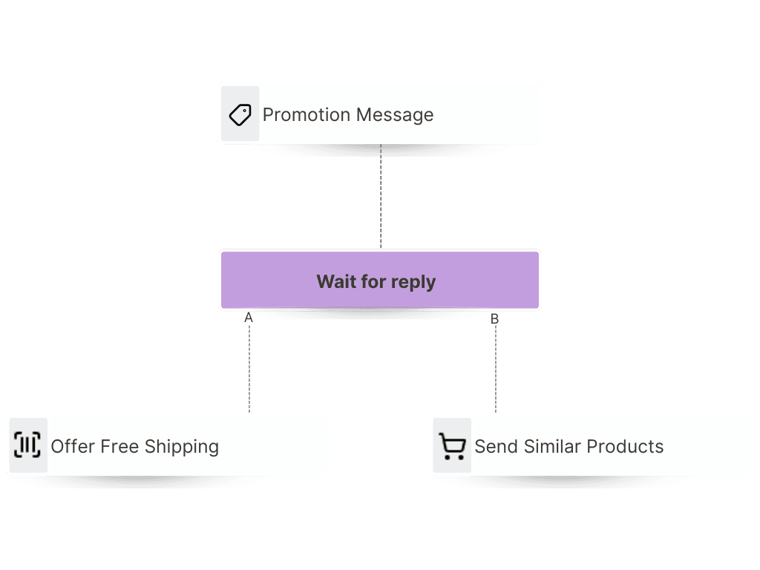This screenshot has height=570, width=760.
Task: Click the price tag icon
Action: (240, 114)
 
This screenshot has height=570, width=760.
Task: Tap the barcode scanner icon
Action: (27, 445)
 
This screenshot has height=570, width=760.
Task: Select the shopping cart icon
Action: (451, 446)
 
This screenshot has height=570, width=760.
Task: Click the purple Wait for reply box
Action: (380, 280)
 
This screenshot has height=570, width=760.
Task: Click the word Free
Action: (119, 447)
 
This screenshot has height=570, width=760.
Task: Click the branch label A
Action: (249, 318)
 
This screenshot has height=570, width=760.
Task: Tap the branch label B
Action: (494, 319)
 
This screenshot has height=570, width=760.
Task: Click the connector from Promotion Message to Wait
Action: (381, 197)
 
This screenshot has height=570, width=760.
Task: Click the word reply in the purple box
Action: (413, 282)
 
